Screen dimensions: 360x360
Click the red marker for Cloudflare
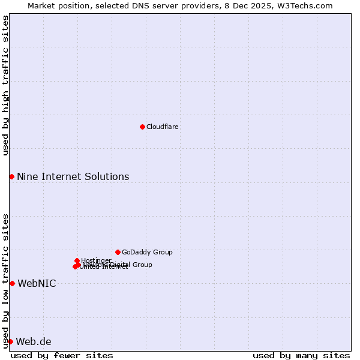pyautogui.click(x=142, y=127)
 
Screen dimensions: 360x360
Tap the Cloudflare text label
pyautogui.click(x=162, y=127)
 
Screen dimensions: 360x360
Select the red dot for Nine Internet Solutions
pyautogui.click(x=11, y=176)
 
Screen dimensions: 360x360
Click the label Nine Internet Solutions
pyautogui.click(x=73, y=176)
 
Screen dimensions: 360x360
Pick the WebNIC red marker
pyautogui.click(x=12, y=283)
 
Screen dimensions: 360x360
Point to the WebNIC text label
pyautogui.click(x=37, y=283)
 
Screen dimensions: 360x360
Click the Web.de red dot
pyautogui.click(x=10, y=341)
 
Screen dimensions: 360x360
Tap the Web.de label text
pyautogui.click(x=34, y=341)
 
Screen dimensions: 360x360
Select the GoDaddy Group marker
pyautogui.click(x=118, y=252)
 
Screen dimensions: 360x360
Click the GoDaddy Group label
pyautogui.click(x=147, y=252)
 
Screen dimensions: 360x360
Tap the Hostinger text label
pyautogui.click(x=96, y=260)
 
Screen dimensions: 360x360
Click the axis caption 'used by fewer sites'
pyautogui.click(x=62, y=355)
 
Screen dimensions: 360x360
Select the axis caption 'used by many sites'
pyautogui.click(x=301, y=355)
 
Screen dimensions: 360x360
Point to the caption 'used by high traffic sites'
pyautogui.click(x=5, y=85)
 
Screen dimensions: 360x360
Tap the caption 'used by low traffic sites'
pyautogui.click(x=5, y=280)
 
